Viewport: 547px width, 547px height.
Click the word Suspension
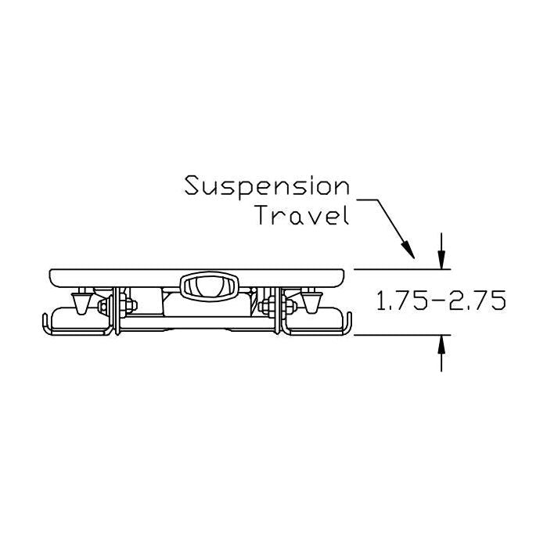click(x=267, y=187)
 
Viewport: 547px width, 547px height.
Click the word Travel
click(x=303, y=214)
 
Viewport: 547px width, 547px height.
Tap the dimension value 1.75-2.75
click(x=441, y=300)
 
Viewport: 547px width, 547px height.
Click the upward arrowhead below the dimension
click(x=441, y=344)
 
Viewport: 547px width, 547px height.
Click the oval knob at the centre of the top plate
click(x=209, y=286)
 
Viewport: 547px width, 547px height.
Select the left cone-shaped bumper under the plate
click(x=81, y=303)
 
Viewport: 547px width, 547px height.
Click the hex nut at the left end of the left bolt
click(x=103, y=307)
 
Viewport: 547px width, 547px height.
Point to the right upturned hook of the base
click(x=349, y=324)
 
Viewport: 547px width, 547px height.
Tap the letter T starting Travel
click(x=265, y=214)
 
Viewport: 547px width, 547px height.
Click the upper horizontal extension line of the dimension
click(x=402, y=269)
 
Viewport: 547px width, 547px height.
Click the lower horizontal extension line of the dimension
click(x=402, y=335)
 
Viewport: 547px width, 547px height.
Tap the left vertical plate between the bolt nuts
click(x=117, y=311)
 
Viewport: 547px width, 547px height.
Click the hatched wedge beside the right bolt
click(x=251, y=303)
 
